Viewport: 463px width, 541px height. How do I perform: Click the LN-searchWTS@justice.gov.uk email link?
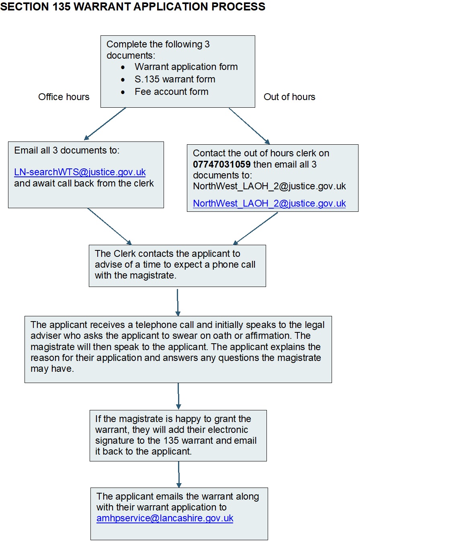click(x=80, y=172)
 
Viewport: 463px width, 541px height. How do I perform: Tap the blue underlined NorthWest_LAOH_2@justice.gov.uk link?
click(x=269, y=203)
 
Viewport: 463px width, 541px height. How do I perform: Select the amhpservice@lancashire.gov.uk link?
click(x=165, y=518)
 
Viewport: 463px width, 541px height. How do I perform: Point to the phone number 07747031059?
click(x=222, y=164)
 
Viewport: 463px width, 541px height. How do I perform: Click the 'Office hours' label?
click(x=64, y=97)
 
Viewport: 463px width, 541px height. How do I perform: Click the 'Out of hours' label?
click(x=289, y=97)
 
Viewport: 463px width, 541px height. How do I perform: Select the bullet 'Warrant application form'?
click(x=186, y=67)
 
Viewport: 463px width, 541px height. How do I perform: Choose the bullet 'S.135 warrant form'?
click(x=175, y=79)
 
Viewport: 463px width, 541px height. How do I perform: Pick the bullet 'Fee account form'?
click(x=172, y=92)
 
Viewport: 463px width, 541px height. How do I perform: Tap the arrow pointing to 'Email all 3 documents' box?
click(x=105, y=123)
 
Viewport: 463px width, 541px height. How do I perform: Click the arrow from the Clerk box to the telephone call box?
click(x=178, y=303)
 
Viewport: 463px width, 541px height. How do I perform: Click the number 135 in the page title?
click(x=61, y=6)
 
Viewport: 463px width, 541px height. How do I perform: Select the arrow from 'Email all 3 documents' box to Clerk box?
click(x=109, y=226)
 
